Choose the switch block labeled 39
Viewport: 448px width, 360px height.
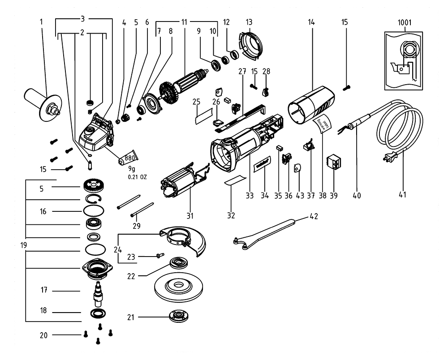pyautogui.click(x=334, y=163)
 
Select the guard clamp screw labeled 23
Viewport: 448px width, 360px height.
pyautogui.click(x=159, y=256)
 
